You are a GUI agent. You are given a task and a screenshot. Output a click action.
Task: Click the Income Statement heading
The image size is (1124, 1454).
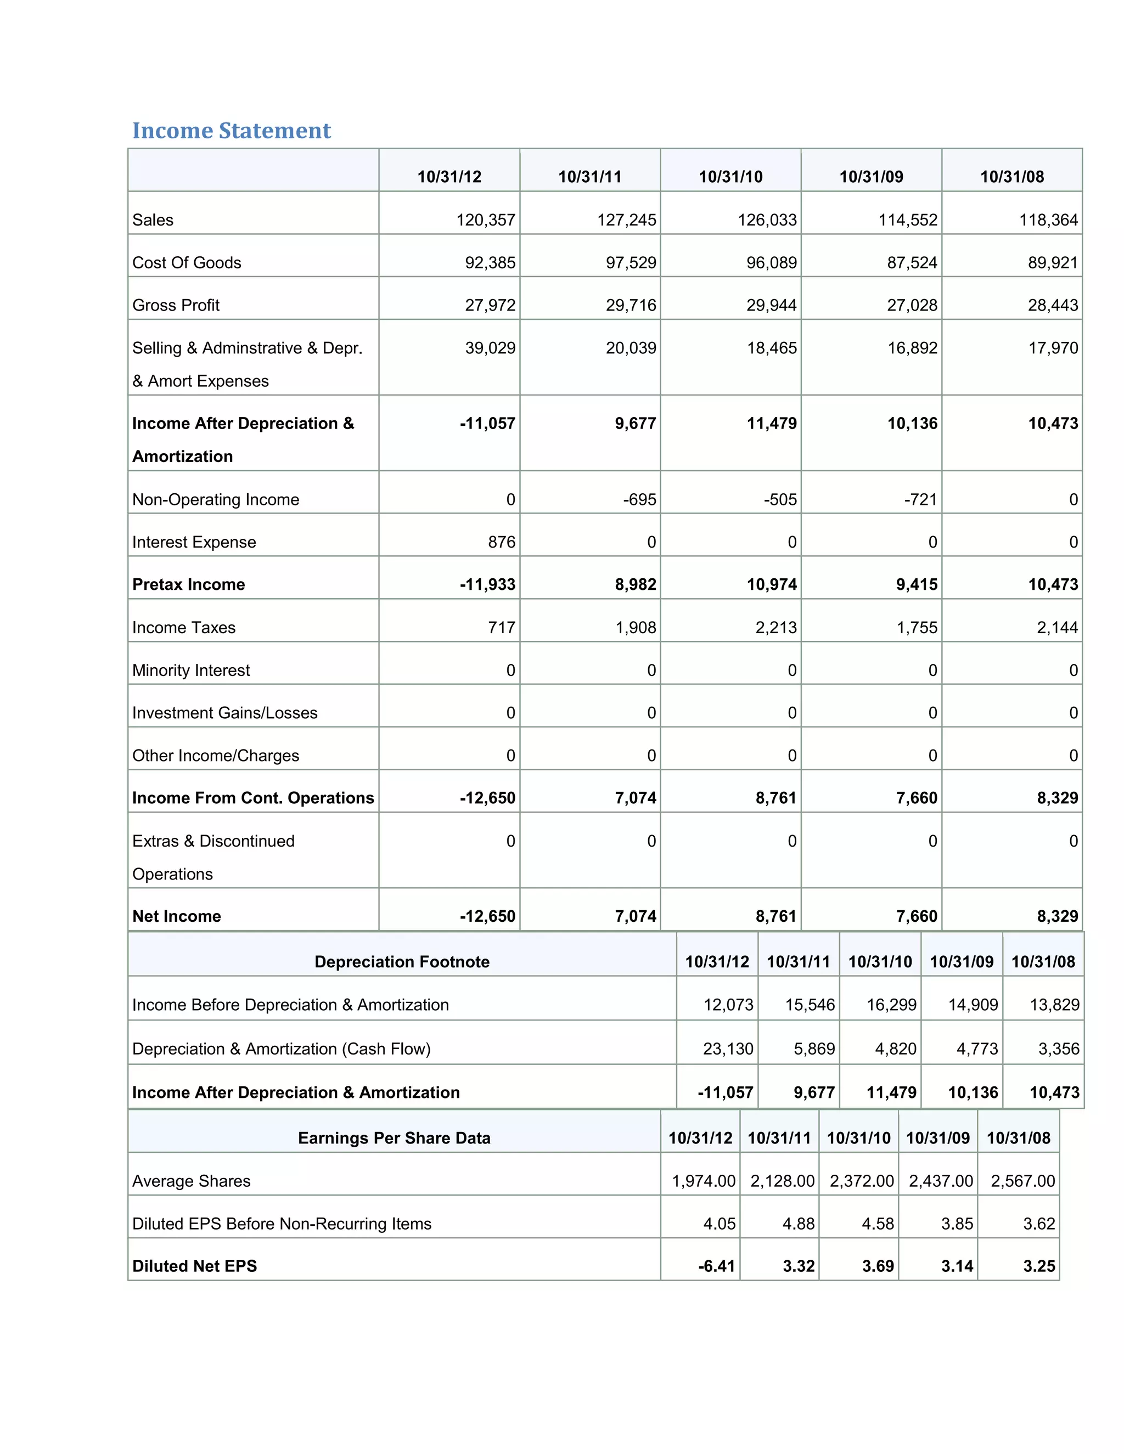click(x=231, y=131)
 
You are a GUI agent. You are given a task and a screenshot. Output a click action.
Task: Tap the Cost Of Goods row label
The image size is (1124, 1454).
click(x=187, y=262)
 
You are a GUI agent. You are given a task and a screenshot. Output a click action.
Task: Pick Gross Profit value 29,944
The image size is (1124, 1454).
click(x=771, y=305)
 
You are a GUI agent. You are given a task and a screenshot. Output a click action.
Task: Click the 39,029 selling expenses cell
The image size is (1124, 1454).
click(x=490, y=347)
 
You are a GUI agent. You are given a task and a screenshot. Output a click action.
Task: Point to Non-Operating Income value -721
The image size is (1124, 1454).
click(x=920, y=499)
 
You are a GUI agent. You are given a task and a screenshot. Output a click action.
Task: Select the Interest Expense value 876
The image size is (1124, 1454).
click(x=502, y=542)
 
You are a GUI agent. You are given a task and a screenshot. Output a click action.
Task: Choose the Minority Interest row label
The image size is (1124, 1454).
click(x=191, y=670)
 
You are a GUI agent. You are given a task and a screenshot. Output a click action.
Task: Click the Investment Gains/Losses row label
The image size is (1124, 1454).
click(x=224, y=712)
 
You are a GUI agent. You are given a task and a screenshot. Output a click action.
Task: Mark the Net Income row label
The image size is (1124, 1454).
click(x=177, y=916)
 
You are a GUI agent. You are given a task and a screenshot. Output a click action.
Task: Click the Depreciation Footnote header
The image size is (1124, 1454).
click(x=402, y=961)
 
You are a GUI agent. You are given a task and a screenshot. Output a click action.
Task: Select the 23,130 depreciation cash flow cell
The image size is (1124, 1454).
click(x=728, y=1049)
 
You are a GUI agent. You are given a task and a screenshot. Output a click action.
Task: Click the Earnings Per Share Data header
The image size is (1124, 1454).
click(x=394, y=1138)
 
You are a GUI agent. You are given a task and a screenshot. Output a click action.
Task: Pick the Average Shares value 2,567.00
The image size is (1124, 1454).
click(x=1022, y=1181)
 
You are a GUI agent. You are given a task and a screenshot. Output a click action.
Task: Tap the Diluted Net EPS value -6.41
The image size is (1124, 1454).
click(x=716, y=1266)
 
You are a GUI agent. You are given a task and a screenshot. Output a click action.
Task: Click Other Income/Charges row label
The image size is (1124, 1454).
click(x=215, y=755)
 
